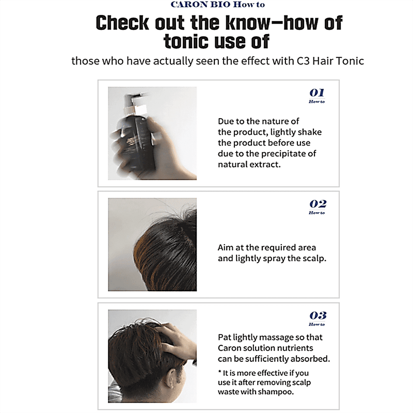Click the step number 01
(x=317, y=93)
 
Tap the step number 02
(x=318, y=204)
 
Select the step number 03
(x=318, y=315)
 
